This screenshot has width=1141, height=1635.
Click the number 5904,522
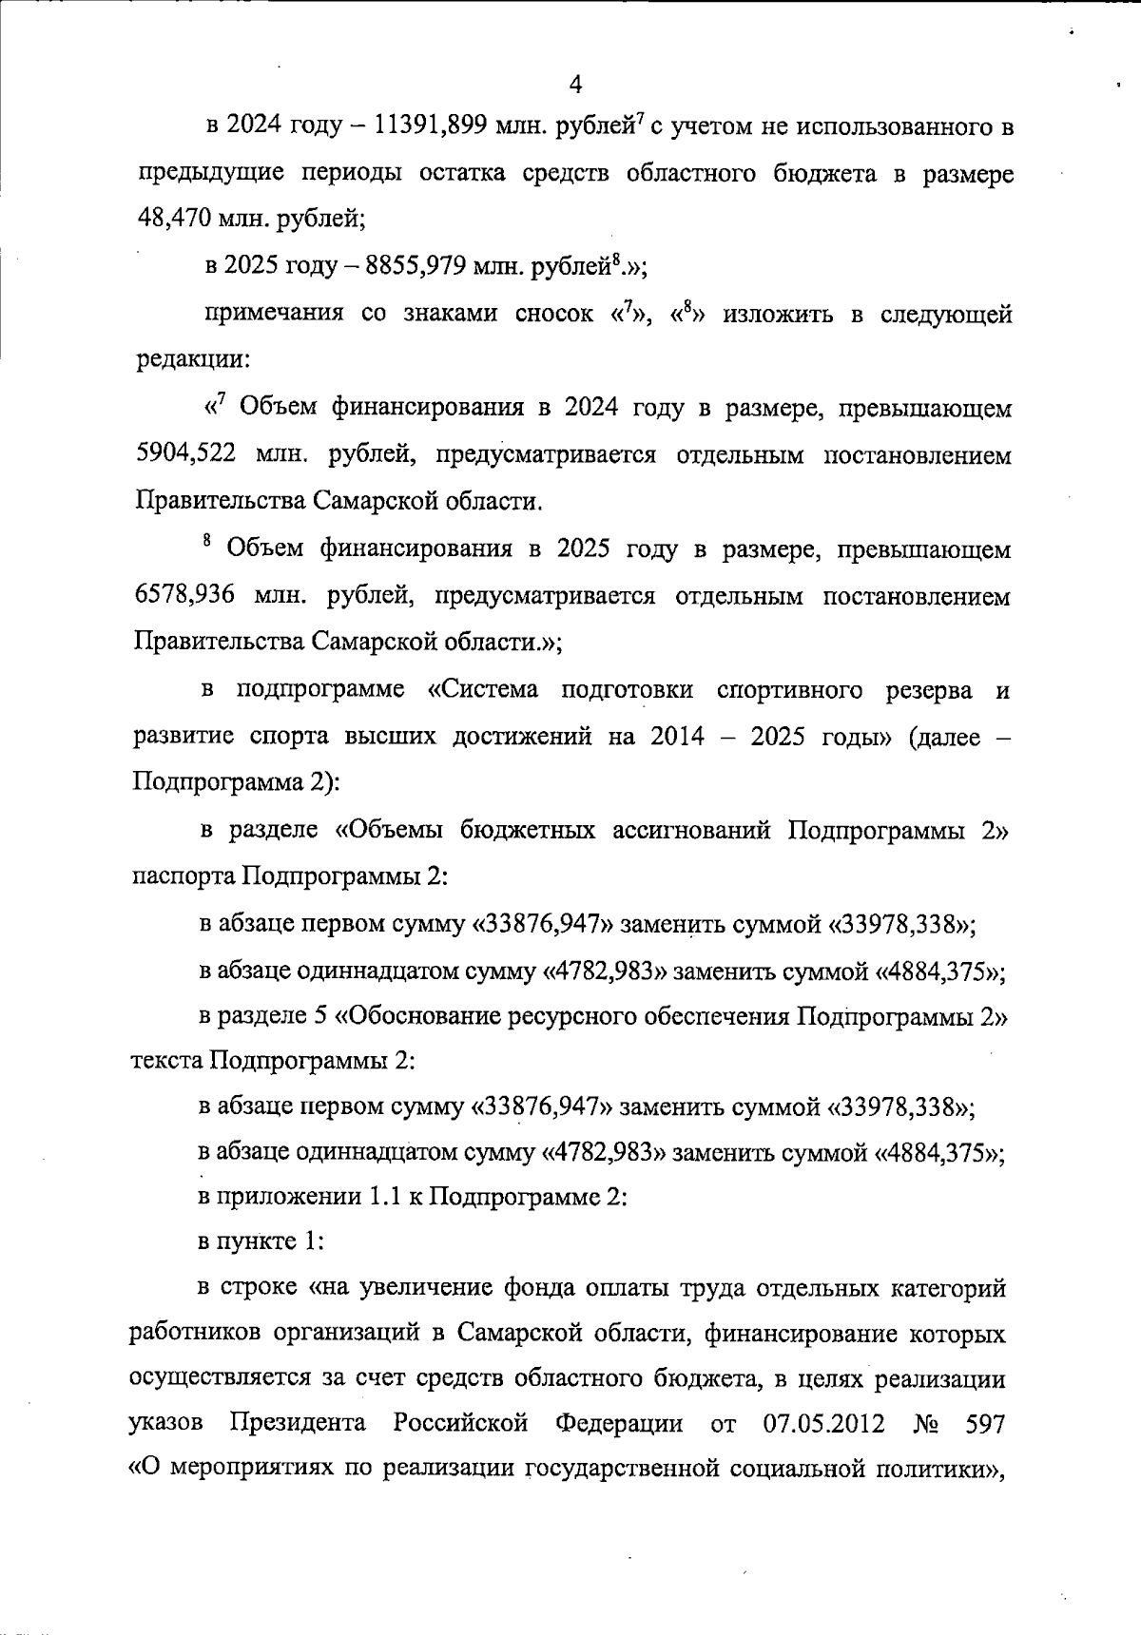pyautogui.click(x=187, y=454)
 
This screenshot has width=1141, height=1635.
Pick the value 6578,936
pyautogui.click(x=187, y=596)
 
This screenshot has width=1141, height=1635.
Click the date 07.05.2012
pyautogui.click(x=823, y=1424)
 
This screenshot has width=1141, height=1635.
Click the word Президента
pyautogui.click(x=299, y=1424)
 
